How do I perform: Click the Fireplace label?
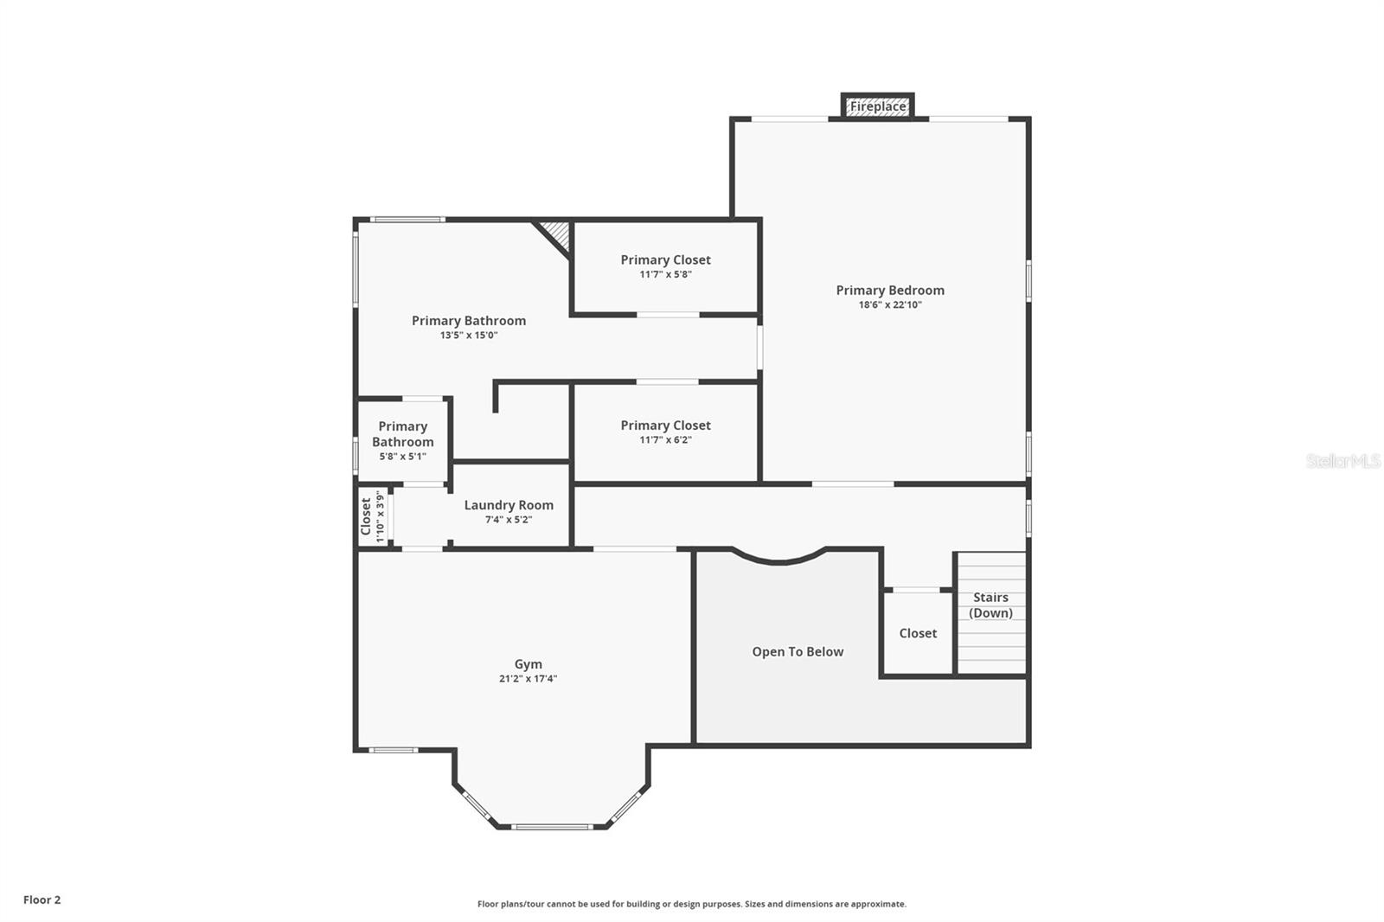[x=877, y=106]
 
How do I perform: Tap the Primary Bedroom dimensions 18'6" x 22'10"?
[x=890, y=305]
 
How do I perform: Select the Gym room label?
[x=528, y=664]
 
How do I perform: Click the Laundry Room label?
[x=509, y=505]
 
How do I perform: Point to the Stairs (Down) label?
[x=990, y=605]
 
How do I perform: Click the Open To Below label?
[x=798, y=652]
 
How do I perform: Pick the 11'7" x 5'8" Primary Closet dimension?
[x=665, y=275]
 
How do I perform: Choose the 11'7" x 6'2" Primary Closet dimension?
[x=665, y=440]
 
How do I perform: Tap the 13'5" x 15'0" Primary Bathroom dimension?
[x=469, y=336]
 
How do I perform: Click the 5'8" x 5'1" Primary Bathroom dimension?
[x=402, y=457]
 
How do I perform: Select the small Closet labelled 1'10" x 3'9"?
[x=366, y=516]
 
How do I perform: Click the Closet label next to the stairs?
[x=918, y=633]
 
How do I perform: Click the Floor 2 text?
[x=42, y=900]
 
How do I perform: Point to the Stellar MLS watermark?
[x=1342, y=461]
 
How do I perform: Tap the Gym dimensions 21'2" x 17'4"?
[x=528, y=679]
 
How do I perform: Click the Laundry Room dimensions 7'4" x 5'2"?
[x=509, y=520]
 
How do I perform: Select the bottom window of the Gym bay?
[x=552, y=827]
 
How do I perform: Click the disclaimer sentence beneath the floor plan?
[x=692, y=904]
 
